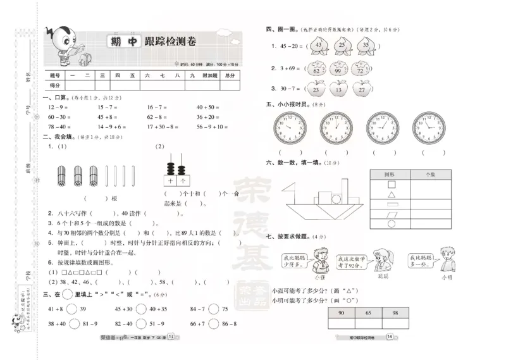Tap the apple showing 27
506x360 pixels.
pos(361,90)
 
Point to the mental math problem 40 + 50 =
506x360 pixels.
pos(208,107)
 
